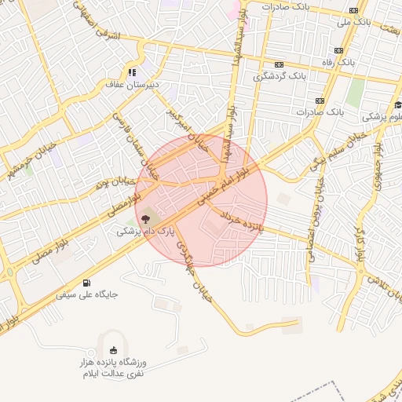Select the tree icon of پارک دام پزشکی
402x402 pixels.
tap(147, 217)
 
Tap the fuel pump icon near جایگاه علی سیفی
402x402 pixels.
tap(86, 283)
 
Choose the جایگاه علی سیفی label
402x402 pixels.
tap(86, 296)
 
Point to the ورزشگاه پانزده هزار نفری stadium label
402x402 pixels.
tap(116, 369)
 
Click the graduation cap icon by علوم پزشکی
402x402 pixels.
tap(398, 105)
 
